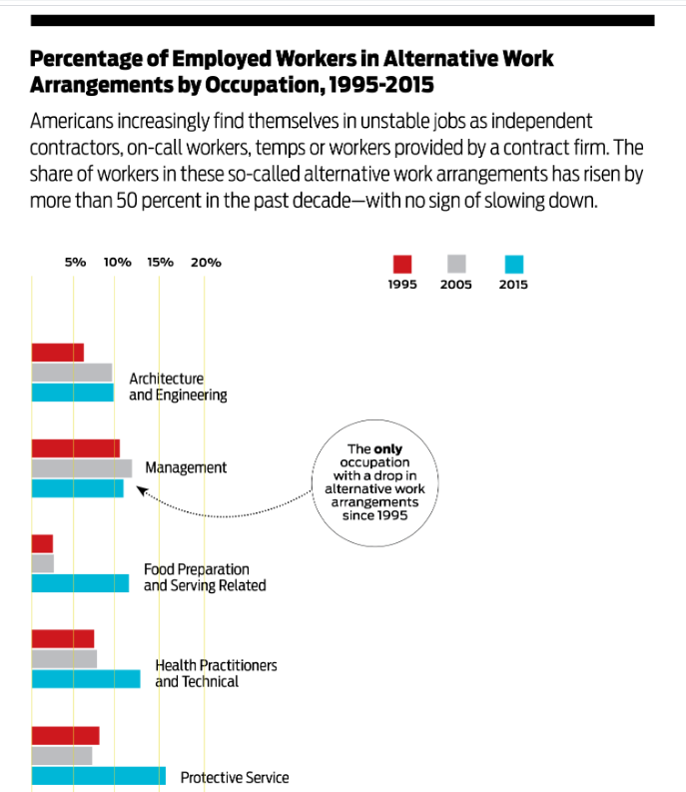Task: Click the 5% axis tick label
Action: click(75, 262)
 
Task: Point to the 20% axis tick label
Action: click(206, 262)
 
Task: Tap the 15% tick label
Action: click(160, 262)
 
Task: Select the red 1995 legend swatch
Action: click(402, 265)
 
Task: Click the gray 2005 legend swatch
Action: click(456, 264)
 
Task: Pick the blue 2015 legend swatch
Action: click(513, 265)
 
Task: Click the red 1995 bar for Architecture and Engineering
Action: click(58, 353)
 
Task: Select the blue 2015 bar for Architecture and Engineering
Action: click(73, 393)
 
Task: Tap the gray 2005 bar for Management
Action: click(82, 468)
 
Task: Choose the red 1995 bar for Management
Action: click(76, 448)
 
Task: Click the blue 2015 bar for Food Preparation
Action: click(80, 583)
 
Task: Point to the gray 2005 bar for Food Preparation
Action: click(43, 563)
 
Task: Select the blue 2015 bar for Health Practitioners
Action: click(86, 679)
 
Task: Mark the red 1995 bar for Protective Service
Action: click(66, 736)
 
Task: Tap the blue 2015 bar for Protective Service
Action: click(99, 776)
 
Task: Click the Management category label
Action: click(186, 467)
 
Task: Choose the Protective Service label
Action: click(235, 777)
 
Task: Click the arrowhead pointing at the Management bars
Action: click(142, 490)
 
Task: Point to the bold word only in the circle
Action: click(388, 449)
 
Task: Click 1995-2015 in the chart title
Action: click(380, 84)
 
